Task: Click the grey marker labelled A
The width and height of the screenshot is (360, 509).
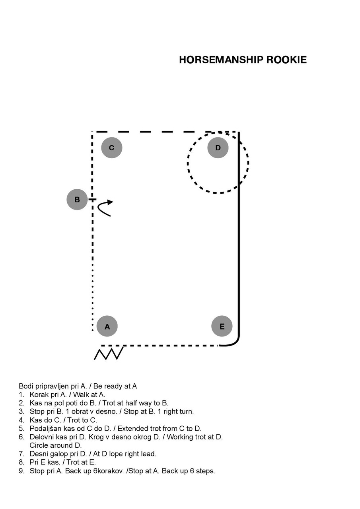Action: [107, 326]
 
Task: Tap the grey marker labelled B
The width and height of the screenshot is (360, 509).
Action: [77, 199]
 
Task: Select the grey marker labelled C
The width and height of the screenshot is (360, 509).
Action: [112, 148]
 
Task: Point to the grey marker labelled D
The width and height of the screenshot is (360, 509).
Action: [218, 148]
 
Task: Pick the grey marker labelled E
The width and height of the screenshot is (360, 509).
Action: [222, 326]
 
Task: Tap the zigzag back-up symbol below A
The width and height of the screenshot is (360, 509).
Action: [109, 354]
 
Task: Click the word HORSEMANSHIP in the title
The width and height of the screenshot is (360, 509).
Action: [221, 60]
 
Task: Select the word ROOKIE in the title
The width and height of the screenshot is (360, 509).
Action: [286, 60]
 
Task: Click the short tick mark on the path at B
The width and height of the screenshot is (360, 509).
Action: [92, 200]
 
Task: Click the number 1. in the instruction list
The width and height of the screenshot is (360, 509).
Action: [21, 394]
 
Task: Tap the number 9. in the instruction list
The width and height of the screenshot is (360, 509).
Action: [21, 471]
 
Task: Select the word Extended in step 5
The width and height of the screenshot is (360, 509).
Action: [132, 428]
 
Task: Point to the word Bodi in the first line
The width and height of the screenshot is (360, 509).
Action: [25, 386]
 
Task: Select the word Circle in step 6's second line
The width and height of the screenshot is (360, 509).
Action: [39, 445]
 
